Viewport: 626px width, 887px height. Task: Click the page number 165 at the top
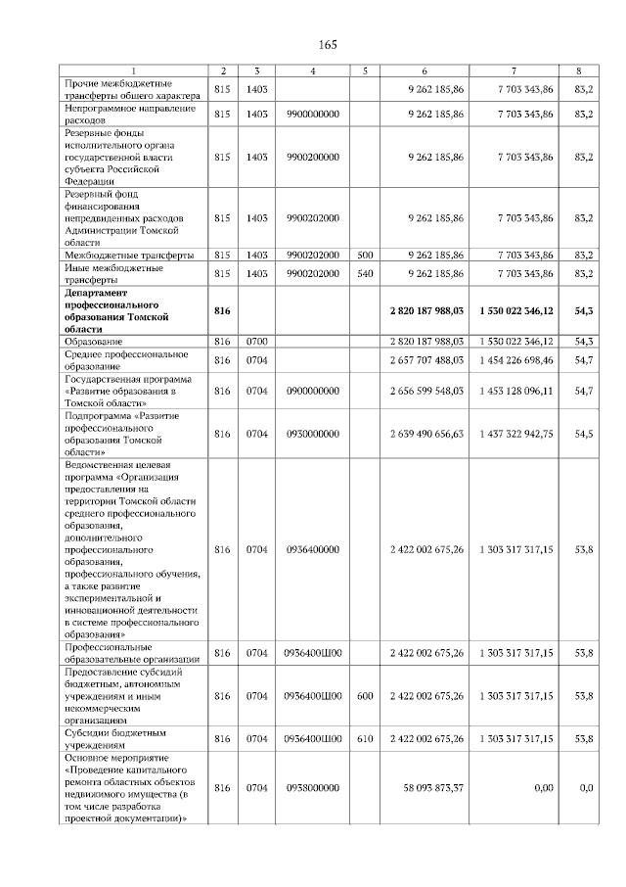[328, 46]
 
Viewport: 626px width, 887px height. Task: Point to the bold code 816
[222, 309]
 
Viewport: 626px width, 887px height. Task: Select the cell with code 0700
[256, 341]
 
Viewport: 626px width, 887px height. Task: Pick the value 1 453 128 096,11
[517, 391]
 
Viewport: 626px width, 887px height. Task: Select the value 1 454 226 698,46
[517, 361]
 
